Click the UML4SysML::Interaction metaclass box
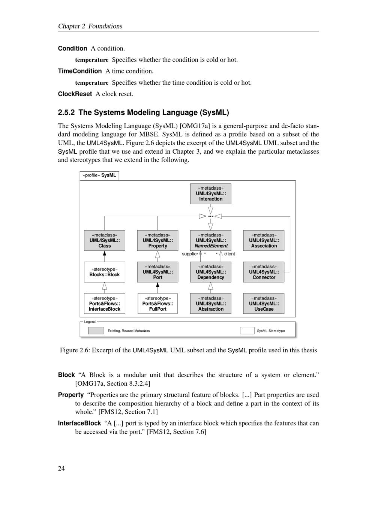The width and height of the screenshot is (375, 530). click(x=210, y=194)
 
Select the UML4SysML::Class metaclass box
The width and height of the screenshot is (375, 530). click(x=105, y=241)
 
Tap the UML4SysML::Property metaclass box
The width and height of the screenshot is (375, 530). click(x=157, y=241)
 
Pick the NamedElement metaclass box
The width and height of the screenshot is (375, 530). click(x=210, y=241)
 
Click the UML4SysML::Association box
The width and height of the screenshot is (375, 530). click(x=264, y=241)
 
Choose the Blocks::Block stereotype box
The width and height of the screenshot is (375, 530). click(x=105, y=272)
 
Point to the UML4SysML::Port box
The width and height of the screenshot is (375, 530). click(x=157, y=272)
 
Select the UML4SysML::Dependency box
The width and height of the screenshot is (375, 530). click(x=210, y=272)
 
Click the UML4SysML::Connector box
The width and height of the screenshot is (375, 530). click(x=264, y=272)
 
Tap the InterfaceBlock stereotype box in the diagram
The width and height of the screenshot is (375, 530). click(x=105, y=304)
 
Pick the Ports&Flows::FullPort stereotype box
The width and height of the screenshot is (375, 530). click(x=157, y=304)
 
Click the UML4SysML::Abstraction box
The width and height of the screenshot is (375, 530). click(x=210, y=304)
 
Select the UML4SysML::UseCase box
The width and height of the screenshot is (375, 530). click(x=264, y=304)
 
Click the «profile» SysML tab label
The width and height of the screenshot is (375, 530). click(x=99, y=175)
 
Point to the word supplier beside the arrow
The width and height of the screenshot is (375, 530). click(x=190, y=254)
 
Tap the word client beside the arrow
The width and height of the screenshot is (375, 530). click(x=229, y=254)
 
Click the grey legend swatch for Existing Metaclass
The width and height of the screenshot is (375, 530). click(x=96, y=331)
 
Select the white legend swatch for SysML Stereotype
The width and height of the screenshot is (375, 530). click(x=247, y=331)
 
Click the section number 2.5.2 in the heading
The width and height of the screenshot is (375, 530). click(x=66, y=112)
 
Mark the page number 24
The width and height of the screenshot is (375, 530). click(x=61, y=468)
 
